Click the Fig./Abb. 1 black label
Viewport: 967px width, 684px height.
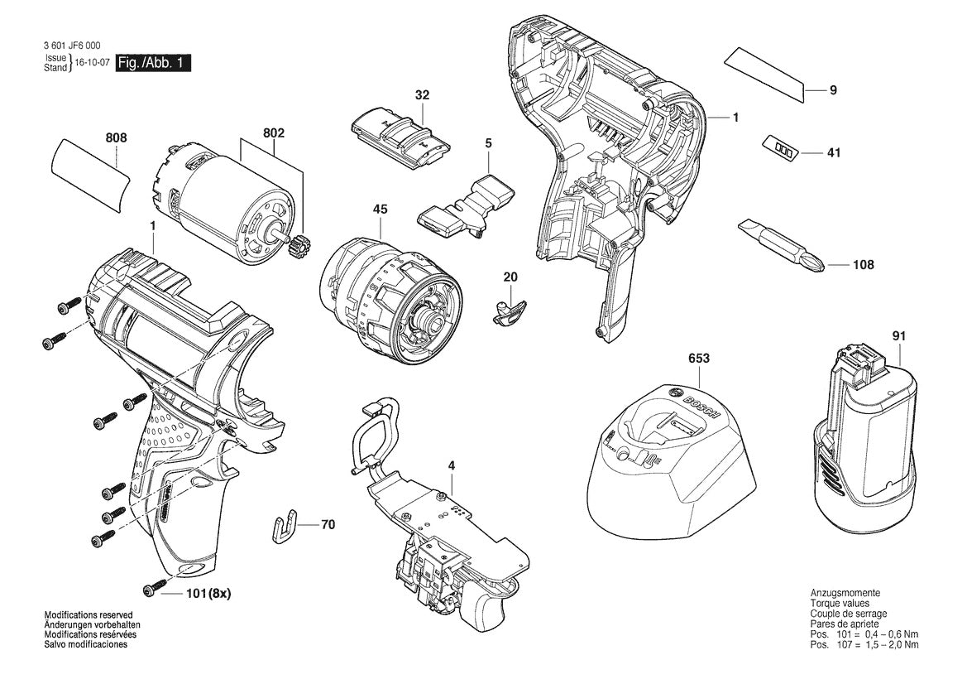click(153, 63)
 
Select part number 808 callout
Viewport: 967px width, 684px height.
click(117, 138)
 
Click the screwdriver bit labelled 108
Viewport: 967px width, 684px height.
click(781, 246)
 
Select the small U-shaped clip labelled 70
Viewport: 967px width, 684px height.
click(283, 527)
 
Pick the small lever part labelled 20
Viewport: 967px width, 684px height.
click(508, 312)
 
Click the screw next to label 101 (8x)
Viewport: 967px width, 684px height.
click(151, 590)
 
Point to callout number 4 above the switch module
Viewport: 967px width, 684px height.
click(452, 466)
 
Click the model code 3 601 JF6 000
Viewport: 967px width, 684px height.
click(75, 47)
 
